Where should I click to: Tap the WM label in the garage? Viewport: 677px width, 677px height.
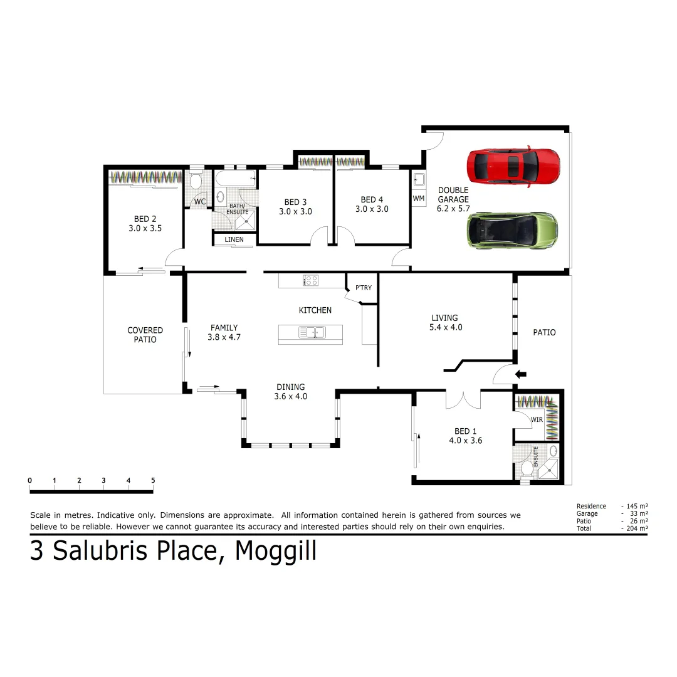419,198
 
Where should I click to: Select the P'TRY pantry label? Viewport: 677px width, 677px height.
363,288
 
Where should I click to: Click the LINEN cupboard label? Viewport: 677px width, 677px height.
234,240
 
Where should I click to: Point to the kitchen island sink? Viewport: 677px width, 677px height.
311,333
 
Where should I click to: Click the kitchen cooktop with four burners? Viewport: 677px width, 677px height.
310,280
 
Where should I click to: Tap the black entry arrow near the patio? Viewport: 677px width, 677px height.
520,375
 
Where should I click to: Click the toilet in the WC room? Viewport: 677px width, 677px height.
195,182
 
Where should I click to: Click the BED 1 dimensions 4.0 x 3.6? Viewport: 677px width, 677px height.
464,441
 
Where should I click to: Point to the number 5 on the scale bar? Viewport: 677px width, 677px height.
153,481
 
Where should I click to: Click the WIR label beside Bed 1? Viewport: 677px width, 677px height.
537,419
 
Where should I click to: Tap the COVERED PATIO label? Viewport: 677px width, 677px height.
145,335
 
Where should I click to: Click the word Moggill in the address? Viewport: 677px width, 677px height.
276,551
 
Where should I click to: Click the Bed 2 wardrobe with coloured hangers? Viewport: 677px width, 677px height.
145,177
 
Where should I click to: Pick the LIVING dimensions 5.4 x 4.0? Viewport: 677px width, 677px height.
445,327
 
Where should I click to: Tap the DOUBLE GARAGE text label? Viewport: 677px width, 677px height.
453,195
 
